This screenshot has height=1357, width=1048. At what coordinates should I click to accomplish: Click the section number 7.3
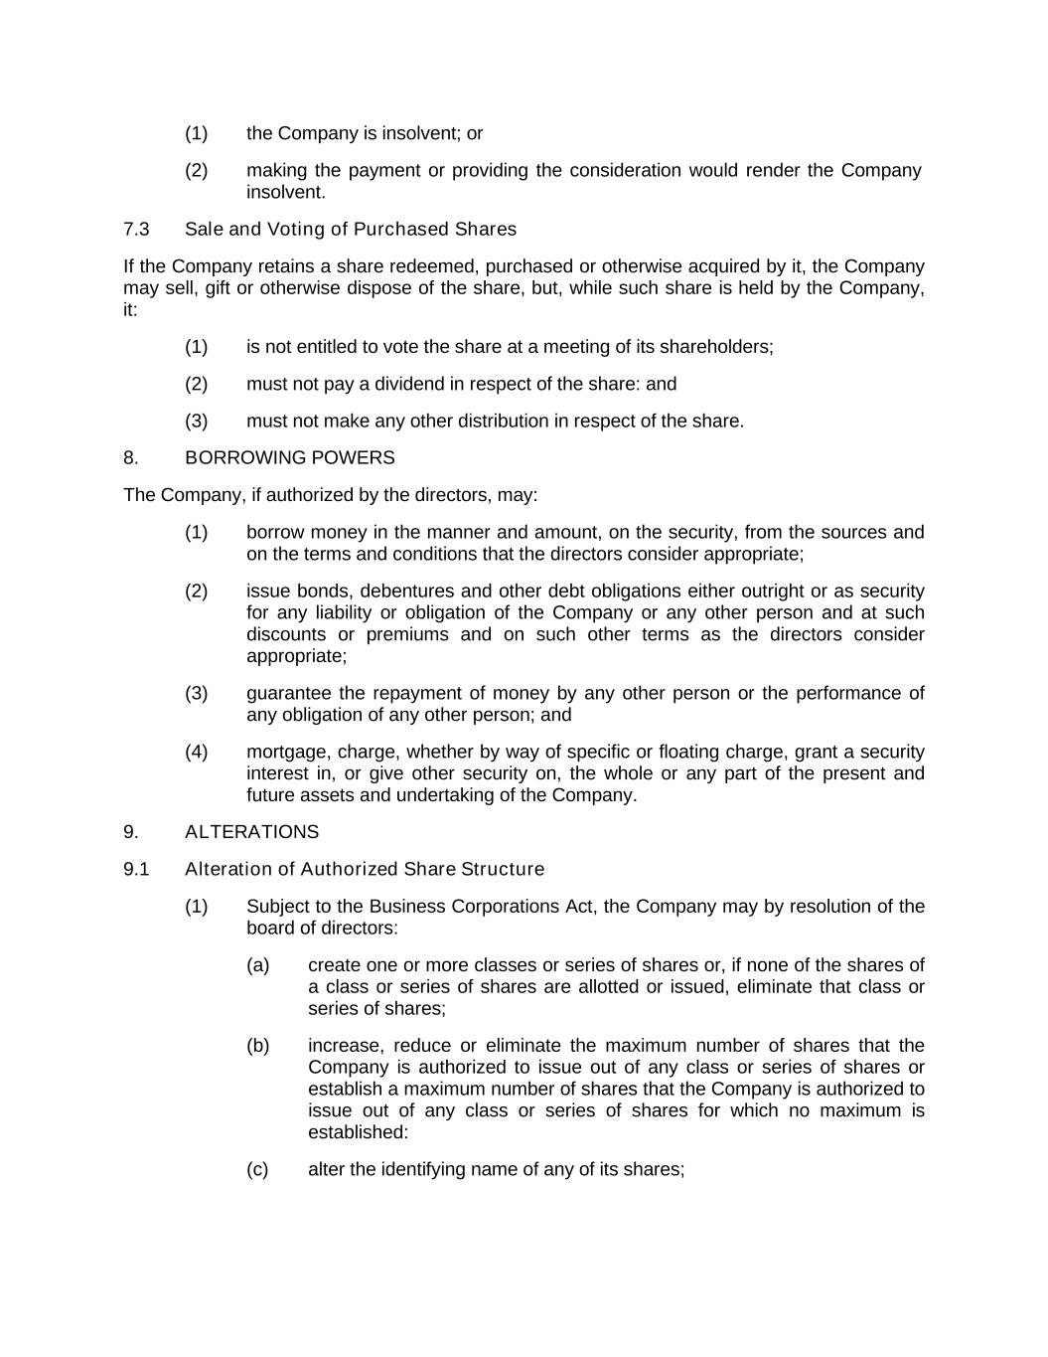tap(136, 230)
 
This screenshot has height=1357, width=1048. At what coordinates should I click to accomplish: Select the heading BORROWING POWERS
tap(289, 458)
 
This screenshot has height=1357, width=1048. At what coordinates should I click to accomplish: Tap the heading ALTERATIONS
tap(251, 832)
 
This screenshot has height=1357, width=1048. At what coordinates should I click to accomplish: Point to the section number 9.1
tap(136, 870)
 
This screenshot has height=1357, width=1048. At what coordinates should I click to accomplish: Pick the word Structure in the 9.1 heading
tap(503, 870)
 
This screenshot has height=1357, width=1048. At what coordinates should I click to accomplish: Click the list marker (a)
tap(257, 965)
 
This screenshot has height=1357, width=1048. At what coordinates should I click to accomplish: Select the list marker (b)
tap(257, 1046)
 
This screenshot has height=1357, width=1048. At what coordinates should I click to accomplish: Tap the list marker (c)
tap(257, 1170)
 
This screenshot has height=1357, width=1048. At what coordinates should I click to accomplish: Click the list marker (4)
tap(196, 753)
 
